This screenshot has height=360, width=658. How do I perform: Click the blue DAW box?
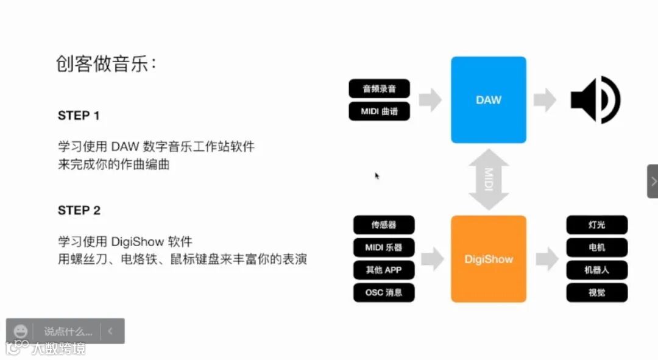[x=488, y=100]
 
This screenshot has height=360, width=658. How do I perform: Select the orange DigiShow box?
[x=488, y=259]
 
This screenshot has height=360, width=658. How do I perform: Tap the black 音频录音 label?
[x=379, y=89]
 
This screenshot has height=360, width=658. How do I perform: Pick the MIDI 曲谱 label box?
[x=379, y=112]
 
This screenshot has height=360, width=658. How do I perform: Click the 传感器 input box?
[x=384, y=225]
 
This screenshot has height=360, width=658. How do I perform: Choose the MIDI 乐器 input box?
[x=384, y=247]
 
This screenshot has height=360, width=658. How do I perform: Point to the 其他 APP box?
[x=384, y=270]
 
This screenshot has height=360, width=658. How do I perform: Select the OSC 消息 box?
[x=384, y=292]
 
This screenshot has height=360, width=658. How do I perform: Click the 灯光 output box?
[x=596, y=225]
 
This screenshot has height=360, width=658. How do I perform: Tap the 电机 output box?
[x=596, y=247]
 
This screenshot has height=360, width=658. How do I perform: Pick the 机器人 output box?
[x=596, y=270]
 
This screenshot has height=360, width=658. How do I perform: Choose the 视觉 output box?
[x=596, y=292]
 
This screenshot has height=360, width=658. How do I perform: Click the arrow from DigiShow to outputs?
[x=547, y=259]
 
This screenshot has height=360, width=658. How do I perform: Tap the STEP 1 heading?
[x=79, y=116]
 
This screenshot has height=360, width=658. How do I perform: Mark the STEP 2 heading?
[x=79, y=211]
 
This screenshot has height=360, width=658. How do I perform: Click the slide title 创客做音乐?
[x=106, y=64]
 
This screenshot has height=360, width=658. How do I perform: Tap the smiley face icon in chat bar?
[x=21, y=331]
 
